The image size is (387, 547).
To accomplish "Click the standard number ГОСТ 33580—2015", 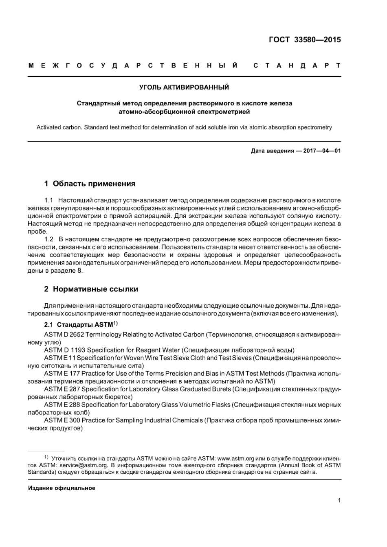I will point(305,39).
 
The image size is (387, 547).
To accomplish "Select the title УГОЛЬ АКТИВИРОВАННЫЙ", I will point(184,87).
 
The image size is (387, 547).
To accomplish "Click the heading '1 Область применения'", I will point(90,184).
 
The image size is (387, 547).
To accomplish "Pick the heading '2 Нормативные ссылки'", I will point(91,289).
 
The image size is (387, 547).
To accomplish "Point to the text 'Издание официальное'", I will point(62,488).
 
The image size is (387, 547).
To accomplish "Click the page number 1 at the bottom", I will point(339,501).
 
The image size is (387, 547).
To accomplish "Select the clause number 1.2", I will point(49,239).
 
